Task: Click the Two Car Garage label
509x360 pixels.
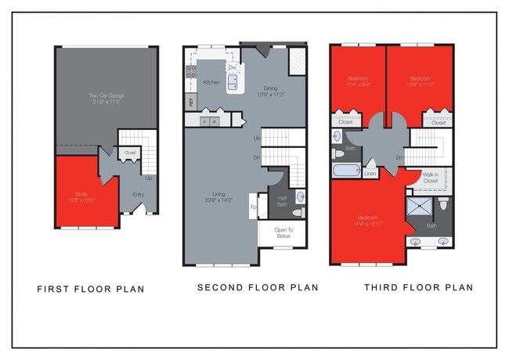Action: coord(106,99)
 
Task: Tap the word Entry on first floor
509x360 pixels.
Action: coord(139,194)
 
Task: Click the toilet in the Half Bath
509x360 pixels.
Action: coord(298,213)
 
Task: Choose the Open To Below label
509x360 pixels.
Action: coord(283,232)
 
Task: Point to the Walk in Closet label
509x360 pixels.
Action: coord(430,178)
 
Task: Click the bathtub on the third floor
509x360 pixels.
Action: coord(347,171)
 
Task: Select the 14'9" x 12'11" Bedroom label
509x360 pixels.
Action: coord(367,221)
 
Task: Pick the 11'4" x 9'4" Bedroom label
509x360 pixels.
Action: coord(359,81)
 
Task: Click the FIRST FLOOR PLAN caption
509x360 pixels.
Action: coord(91,289)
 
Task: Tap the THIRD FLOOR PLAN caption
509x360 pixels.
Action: coord(418,287)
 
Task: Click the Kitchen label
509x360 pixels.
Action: coord(211,82)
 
